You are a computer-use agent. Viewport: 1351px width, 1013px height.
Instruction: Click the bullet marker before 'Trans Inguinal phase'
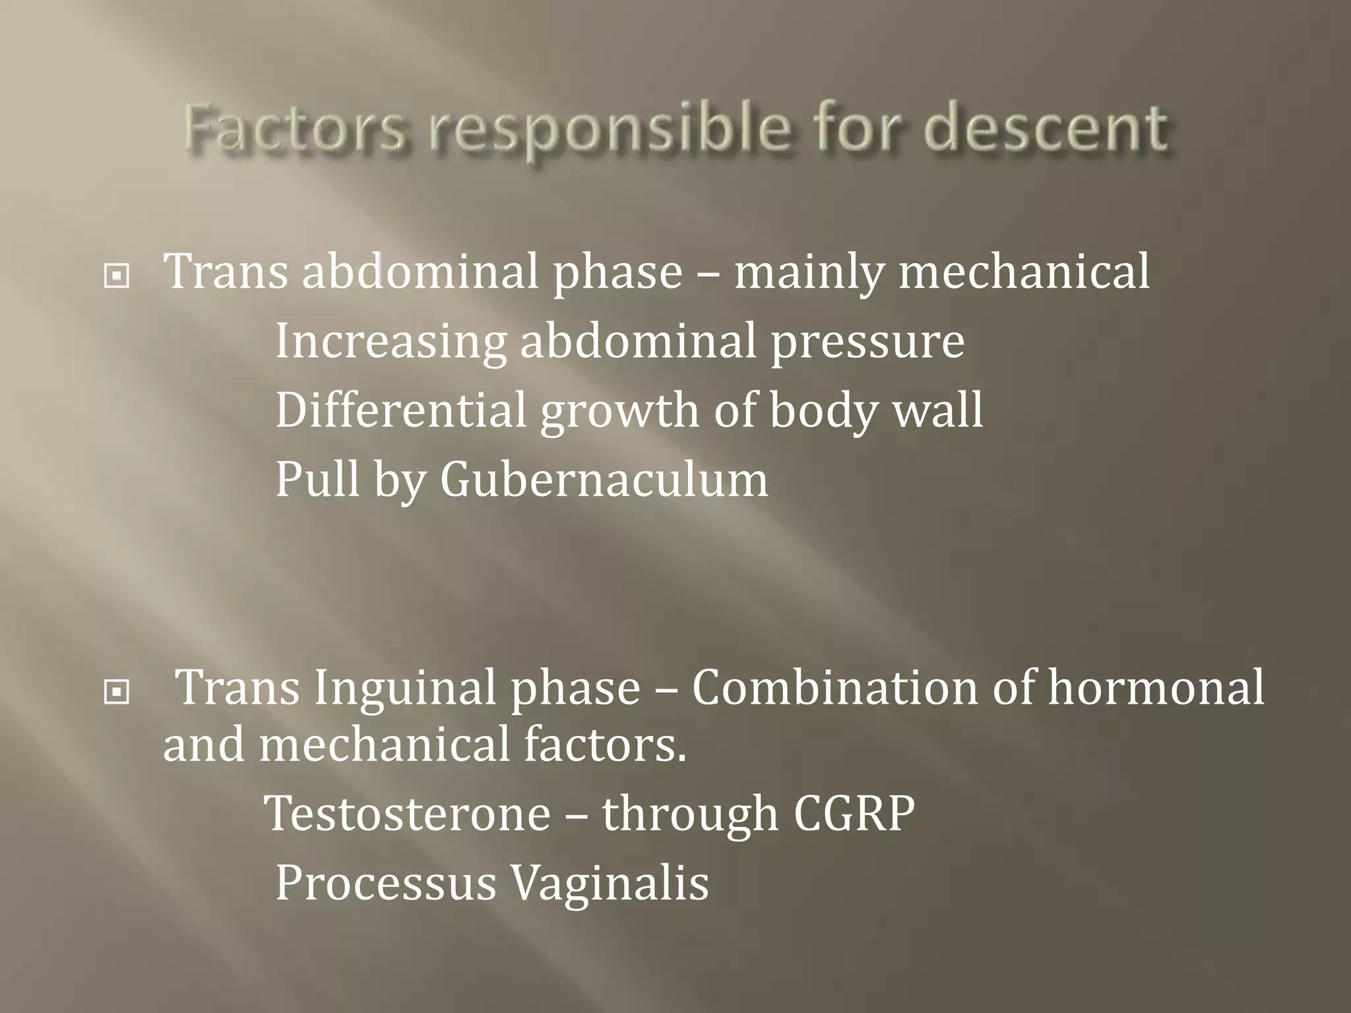click(x=117, y=692)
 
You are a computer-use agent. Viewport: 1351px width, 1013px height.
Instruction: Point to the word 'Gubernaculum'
click(x=604, y=479)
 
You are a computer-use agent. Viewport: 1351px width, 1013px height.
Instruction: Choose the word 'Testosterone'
click(x=408, y=813)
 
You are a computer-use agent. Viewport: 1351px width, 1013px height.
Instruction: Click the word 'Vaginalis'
click(x=610, y=884)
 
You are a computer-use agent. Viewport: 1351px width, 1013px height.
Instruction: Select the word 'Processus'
click(x=385, y=884)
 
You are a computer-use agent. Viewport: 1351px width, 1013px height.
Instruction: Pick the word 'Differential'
click(x=400, y=410)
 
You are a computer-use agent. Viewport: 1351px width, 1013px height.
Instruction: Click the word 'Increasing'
click(x=391, y=342)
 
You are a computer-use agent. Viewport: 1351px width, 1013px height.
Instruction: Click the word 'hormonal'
click(x=1156, y=687)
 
